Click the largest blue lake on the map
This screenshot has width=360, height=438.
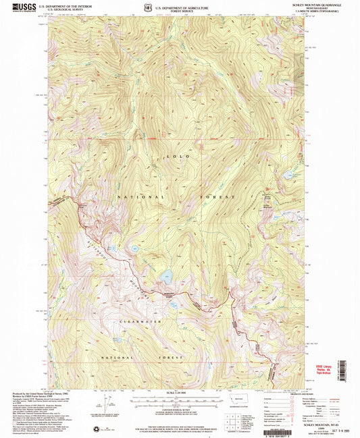[x=164, y=275]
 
